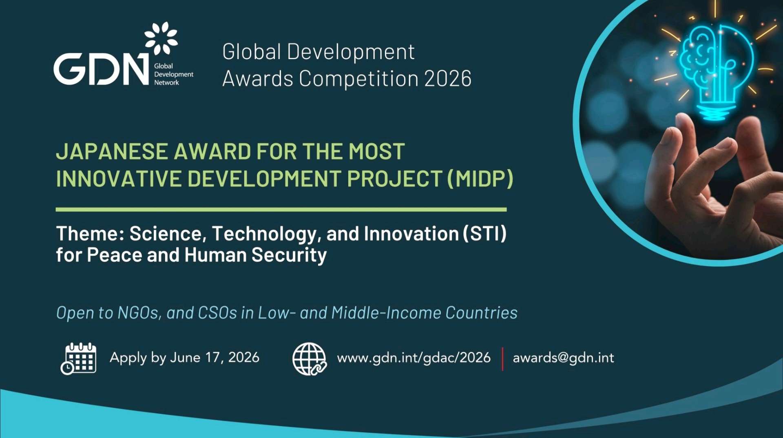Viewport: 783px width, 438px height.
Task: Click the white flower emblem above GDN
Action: click(x=161, y=38)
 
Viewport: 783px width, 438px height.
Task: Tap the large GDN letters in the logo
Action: click(x=101, y=69)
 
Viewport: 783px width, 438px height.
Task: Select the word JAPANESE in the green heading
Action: click(x=112, y=152)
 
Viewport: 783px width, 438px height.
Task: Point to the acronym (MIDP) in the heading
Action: click(x=480, y=179)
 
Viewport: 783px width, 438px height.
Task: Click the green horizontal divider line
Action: click(x=281, y=210)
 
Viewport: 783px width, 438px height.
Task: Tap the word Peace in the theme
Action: click(x=115, y=255)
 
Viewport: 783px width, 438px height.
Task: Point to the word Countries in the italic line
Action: click(x=481, y=313)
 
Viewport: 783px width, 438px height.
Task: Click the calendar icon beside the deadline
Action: click(x=79, y=358)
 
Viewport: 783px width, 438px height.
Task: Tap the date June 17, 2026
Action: click(x=215, y=358)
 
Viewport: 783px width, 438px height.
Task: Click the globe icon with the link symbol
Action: click(x=310, y=358)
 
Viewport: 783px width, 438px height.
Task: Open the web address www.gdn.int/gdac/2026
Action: click(x=414, y=358)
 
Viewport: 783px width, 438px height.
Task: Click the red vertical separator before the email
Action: click(x=502, y=359)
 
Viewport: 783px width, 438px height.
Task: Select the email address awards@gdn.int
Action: click(x=563, y=358)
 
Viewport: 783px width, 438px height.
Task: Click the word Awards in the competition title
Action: click(x=258, y=78)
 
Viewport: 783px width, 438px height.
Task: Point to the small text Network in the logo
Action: click(x=166, y=83)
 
